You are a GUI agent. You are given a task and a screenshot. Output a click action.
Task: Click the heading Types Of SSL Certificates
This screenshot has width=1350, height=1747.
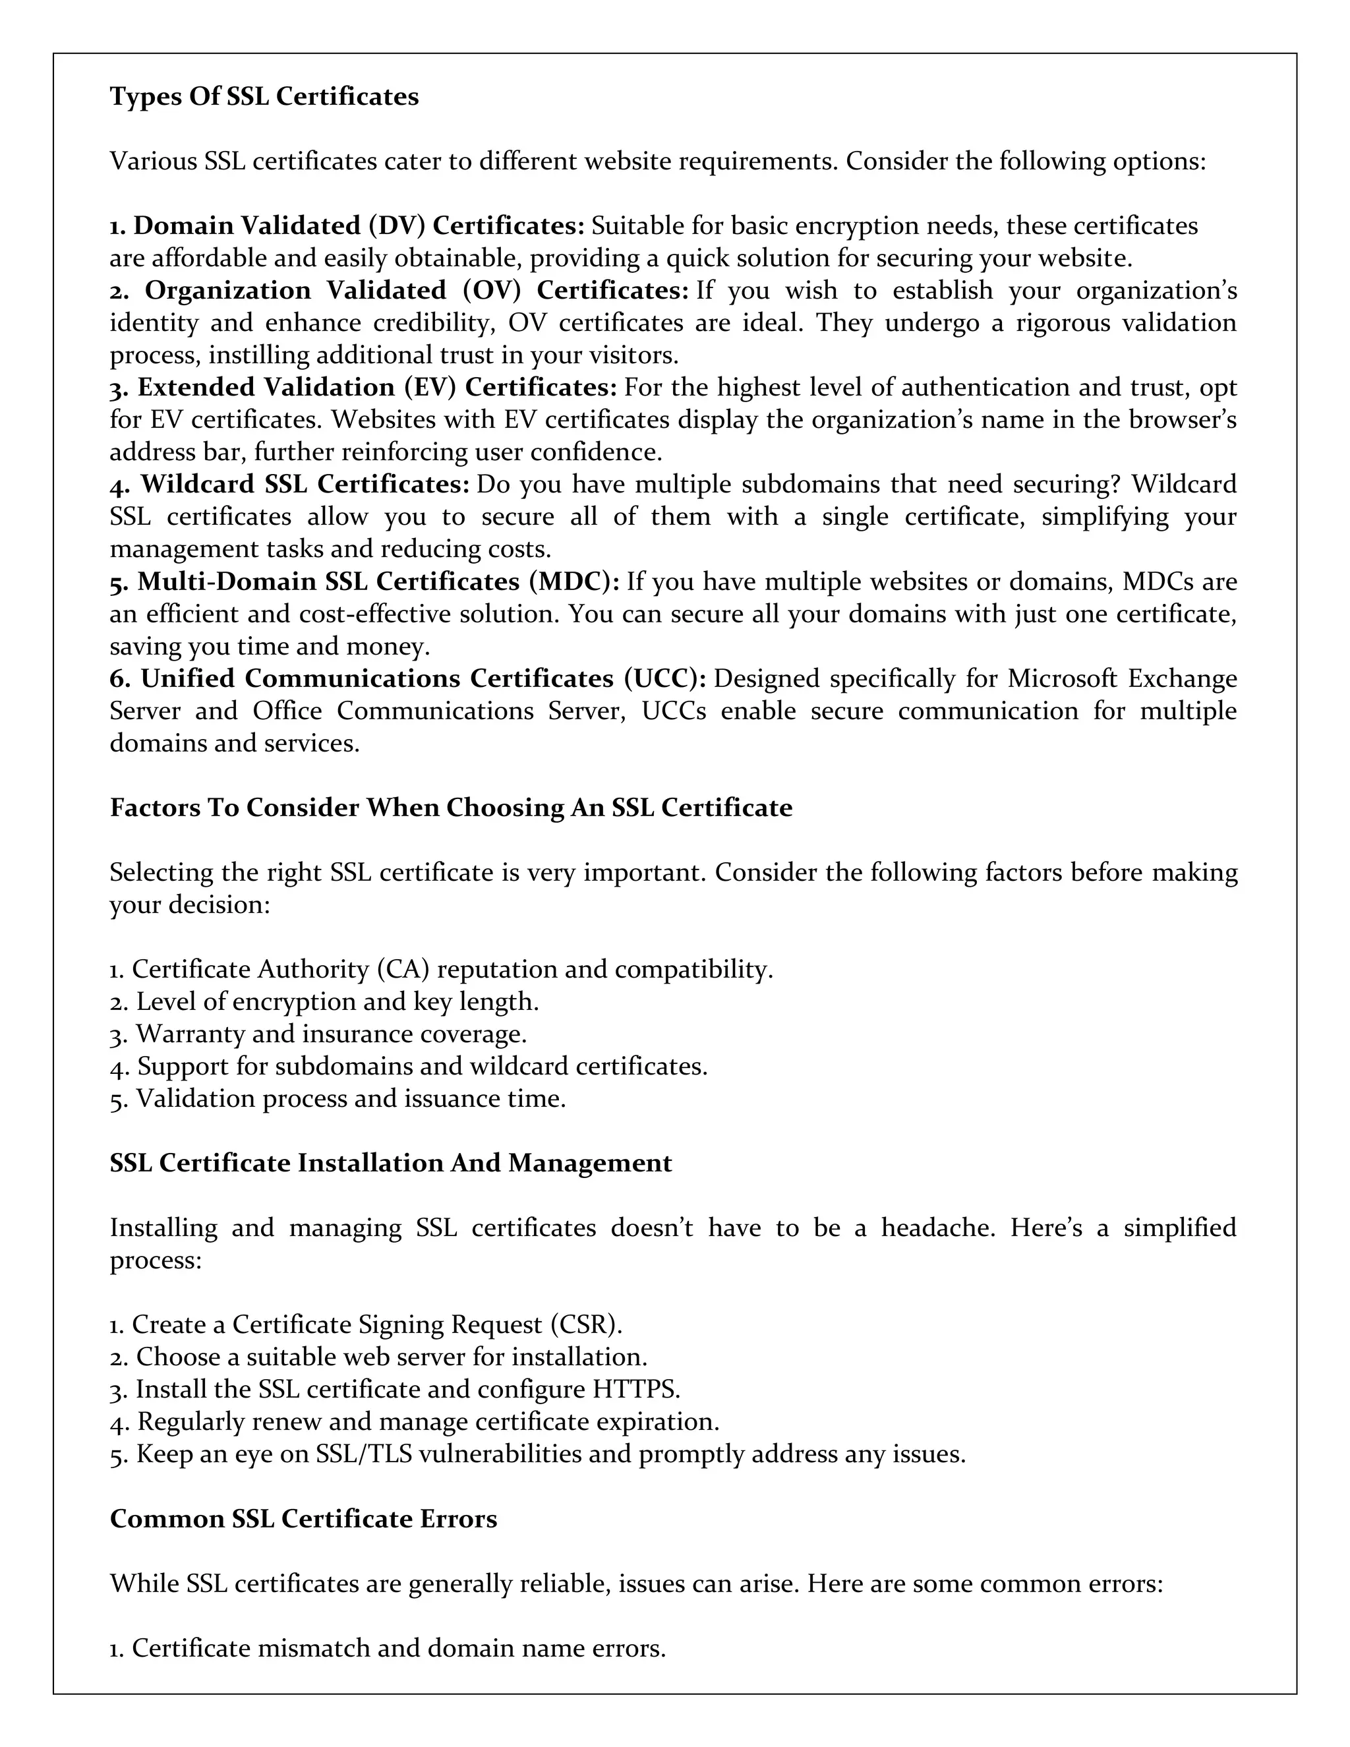tap(264, 97)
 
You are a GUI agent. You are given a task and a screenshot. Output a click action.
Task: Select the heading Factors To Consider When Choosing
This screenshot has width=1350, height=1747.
tap(450, 808)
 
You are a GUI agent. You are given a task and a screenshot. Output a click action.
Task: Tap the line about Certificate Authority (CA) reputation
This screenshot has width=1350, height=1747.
tap(441, 970)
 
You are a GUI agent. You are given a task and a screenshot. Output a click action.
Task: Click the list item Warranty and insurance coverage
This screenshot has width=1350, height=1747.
tap(318, 1034)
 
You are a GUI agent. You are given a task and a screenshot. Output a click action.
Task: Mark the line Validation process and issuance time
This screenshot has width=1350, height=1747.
tap(337, 1099)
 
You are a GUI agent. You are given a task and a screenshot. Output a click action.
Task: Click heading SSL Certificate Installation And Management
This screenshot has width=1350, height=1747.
tap(390, 1163)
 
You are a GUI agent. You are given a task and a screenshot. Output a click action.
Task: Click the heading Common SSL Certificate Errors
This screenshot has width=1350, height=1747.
tap(303, 1519)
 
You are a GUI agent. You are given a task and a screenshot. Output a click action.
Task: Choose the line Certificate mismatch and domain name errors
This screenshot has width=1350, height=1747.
tap(387, 1649)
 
